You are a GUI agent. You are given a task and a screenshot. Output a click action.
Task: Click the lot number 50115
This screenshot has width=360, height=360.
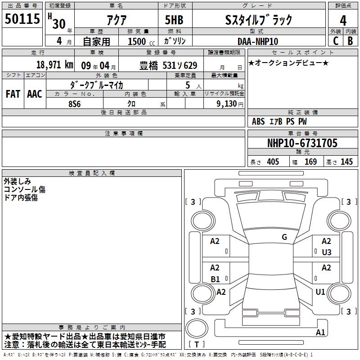pyautogui.click(x=22, y=19)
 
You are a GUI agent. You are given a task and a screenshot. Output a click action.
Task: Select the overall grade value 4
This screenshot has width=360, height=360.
pyautogui.click(x=343, y=20)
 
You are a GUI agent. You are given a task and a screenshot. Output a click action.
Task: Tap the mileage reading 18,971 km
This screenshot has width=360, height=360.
pyautogui.click(x=54, y=65)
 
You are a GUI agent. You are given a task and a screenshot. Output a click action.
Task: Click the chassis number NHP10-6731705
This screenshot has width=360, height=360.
pyautogui.click(x=302, y=143)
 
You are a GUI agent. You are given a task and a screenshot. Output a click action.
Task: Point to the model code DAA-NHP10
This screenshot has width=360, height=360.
pyautogui.click(x=258, y=41)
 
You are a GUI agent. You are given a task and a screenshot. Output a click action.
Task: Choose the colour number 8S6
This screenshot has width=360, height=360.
pyautogui.click(x=75, y=104)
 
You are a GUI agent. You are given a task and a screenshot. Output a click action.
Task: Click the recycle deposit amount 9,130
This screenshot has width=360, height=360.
pyautogui.click(x=226, y=104)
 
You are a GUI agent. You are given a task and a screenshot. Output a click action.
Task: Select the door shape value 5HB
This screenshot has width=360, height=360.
pyautogui.click(x=174, y=20)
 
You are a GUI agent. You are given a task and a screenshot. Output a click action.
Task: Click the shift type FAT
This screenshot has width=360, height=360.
pyautogui.click(x=13, y=94)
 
